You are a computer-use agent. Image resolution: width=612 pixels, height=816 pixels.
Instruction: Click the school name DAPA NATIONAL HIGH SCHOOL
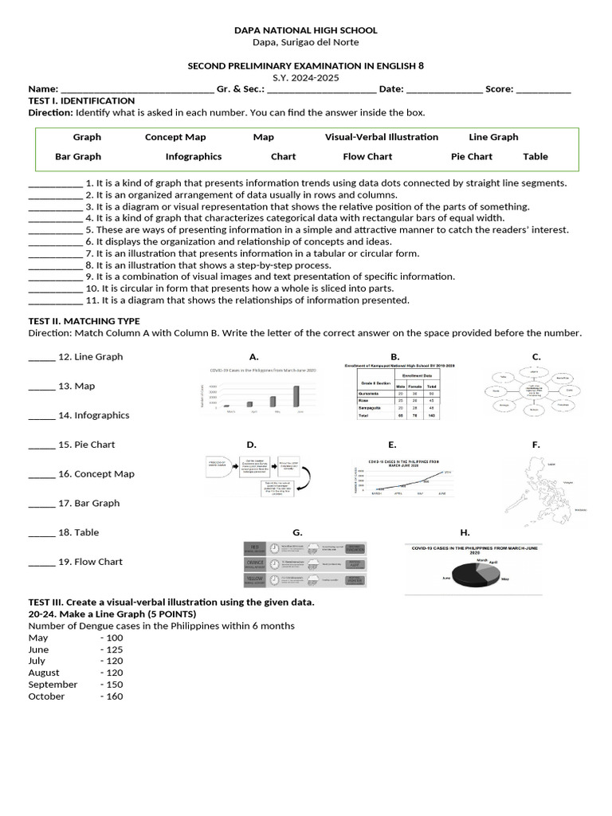(x=305, y=30)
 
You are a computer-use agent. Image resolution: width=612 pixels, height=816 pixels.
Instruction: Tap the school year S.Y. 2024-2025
(x=305, y=78)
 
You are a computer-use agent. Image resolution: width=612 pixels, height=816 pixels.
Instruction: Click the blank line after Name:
(x=137, y=90)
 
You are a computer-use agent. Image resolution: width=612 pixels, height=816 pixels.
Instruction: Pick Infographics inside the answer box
(x=194, y=157)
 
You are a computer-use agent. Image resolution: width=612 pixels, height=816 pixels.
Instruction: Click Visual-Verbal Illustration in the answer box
(x=381, y=137)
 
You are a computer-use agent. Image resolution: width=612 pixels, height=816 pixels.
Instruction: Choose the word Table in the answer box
(x=535, y=157)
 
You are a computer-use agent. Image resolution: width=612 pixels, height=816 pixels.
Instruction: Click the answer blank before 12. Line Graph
(x=41, y=358)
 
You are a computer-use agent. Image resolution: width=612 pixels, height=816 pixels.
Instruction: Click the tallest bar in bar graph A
(x=297, y=396)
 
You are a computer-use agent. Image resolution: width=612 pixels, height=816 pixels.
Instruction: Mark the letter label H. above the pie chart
(x=465, y=532)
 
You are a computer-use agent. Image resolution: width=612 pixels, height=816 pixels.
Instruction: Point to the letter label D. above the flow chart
(x=251, y=445)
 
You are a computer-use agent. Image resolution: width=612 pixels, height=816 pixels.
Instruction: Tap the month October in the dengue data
(x=46, y=696)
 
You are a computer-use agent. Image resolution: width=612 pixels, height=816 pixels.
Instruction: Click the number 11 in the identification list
(x=91, y=300)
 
